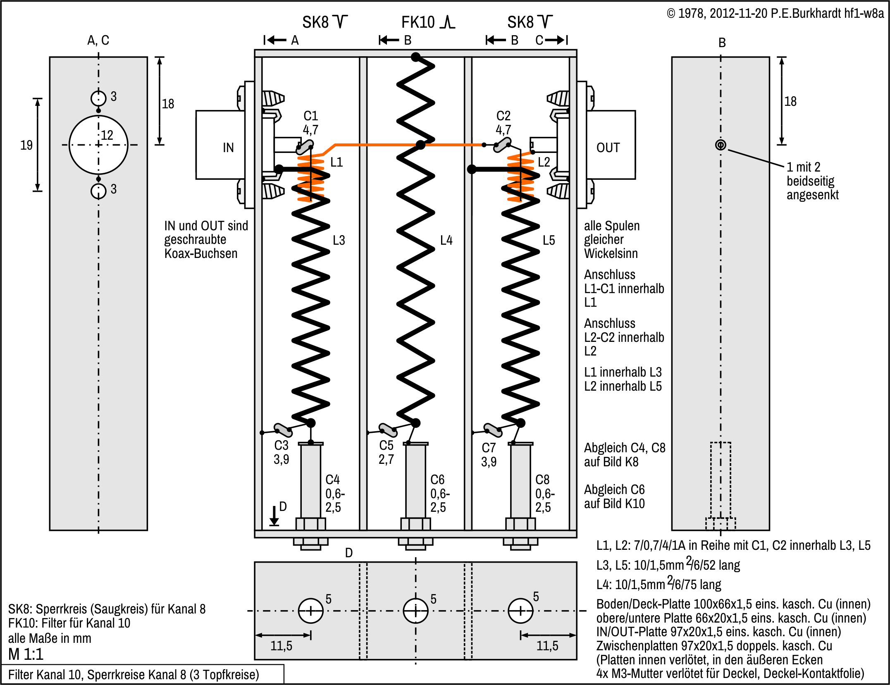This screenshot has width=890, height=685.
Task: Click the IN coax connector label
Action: pos(228,148)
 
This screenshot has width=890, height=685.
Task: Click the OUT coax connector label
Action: pos(608,148)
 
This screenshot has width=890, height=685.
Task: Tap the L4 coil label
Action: pos(446,240)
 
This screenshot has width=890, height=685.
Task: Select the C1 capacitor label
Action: pos(310,116)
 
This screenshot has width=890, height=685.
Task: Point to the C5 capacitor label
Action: pos(387,446)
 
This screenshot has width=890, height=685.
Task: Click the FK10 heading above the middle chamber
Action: pos(418,22)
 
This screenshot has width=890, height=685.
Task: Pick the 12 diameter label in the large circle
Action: pos(107,135)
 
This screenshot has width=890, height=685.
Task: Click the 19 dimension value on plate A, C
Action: pos(26,145)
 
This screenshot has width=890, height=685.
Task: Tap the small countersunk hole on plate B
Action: pos(721,145)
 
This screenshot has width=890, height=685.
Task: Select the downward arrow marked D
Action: pos(274,516)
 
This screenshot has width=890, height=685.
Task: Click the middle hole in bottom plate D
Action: pos(415,611)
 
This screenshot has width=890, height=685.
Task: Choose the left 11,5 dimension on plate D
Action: pos(281,646)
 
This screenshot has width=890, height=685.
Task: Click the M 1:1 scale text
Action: pos(26,654)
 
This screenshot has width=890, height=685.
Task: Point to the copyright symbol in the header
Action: pos(671,14)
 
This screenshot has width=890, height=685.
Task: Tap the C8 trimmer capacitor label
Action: pos(542,480)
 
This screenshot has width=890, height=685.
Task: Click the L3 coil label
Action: pos(339,240)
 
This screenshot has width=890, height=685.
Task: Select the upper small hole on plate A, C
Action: pos(98,98)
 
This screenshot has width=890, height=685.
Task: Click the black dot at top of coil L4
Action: pos(416,57)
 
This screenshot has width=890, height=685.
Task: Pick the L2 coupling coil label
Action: pos(544,162)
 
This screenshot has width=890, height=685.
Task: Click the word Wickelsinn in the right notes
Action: pos(611,253)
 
